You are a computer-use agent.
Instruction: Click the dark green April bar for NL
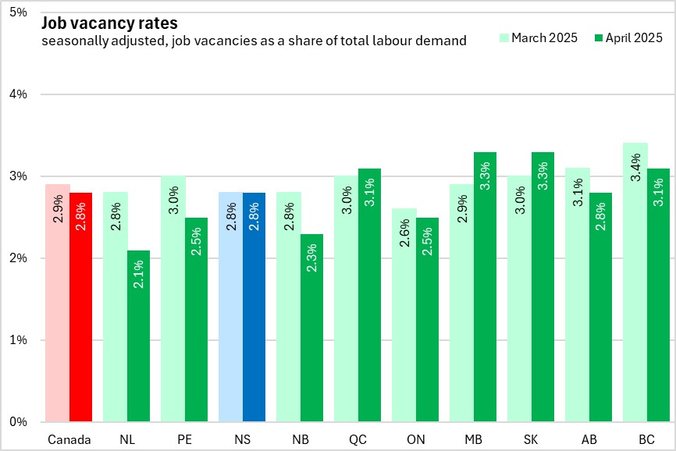(x=138, y=336)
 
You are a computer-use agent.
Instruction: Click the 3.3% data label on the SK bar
(x=543, y=176)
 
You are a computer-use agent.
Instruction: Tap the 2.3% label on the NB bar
(x=311, y=258)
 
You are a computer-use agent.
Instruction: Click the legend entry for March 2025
(x=538, y=37)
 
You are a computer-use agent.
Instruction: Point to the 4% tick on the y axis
(x=17, y=94)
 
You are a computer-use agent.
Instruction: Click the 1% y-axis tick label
(x=17, y=340)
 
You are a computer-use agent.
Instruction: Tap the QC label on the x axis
(x=358, y=439)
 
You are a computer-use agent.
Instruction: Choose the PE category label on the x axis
(x=184, y=439)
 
